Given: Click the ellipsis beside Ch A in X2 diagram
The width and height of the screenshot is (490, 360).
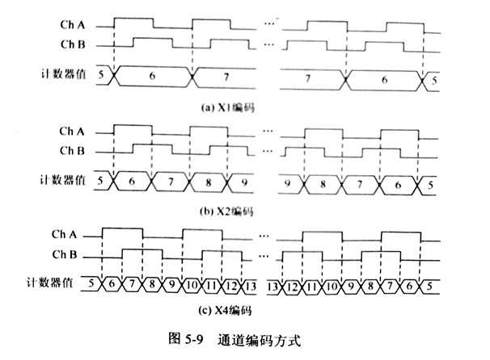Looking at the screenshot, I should click(269, 130).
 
